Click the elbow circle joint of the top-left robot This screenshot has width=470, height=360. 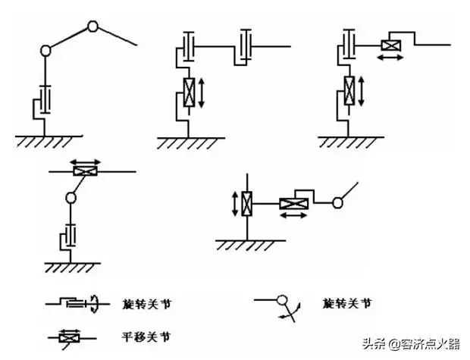point(93,27)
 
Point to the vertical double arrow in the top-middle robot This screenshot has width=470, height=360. point(202,90)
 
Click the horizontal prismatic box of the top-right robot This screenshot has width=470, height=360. point(390,45)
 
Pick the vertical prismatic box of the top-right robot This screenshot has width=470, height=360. point(349,90)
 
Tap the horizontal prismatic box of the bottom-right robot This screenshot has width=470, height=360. point(290,202)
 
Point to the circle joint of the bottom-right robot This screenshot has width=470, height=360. point(339,202)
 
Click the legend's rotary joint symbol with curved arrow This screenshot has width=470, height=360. point(76,303)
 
